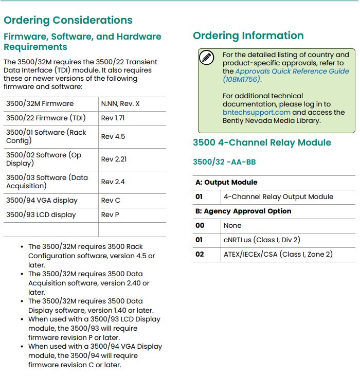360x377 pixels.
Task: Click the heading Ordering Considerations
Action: (68, 21)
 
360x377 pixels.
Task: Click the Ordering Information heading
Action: (248, 35)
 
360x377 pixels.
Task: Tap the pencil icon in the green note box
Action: (206, 58)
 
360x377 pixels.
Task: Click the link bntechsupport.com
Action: (257, 112)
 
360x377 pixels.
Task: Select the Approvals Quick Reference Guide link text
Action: (292, 71)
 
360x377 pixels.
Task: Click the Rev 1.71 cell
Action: (113, 118)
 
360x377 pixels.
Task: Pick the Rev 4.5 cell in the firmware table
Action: (113, 136)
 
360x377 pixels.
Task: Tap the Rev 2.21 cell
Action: (114, 159)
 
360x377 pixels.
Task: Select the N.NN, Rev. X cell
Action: (120, 103)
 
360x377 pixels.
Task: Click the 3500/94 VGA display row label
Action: (42, 200)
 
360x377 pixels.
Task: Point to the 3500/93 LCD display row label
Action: (41, 214)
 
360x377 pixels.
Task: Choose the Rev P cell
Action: (110, 214)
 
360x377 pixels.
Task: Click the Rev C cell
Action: (111, 200)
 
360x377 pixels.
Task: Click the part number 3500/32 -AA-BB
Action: (224, 162)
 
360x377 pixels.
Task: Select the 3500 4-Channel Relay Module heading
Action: (262, 142)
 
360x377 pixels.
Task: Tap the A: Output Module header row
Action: (226, 182)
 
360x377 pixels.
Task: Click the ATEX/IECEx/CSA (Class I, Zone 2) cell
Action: (278, 254)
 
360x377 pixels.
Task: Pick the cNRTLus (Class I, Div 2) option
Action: (262, 240)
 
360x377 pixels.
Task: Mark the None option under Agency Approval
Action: (232, 225)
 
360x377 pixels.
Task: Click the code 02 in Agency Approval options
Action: (200, 254)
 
